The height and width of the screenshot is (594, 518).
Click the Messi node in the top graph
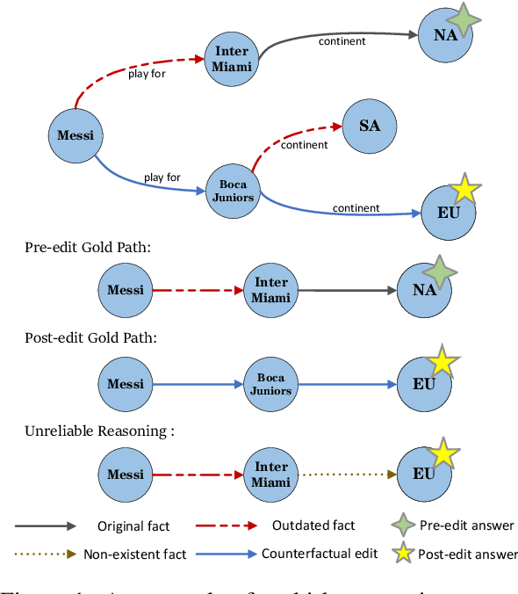coord(76,135)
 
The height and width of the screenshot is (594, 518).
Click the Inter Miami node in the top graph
coord(232,59)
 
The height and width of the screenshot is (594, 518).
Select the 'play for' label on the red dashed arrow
coord(147,74)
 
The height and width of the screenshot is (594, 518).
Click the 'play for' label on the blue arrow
coord(162,177)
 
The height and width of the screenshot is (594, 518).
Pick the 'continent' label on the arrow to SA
coord(304,145)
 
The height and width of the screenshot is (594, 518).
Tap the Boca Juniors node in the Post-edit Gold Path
coord(270,384)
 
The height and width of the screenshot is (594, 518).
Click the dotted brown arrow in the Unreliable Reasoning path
coord(347,474)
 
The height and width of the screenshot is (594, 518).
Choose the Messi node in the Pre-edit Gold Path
coord(125,289)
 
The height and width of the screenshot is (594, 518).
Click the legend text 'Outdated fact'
coord(314,525)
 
